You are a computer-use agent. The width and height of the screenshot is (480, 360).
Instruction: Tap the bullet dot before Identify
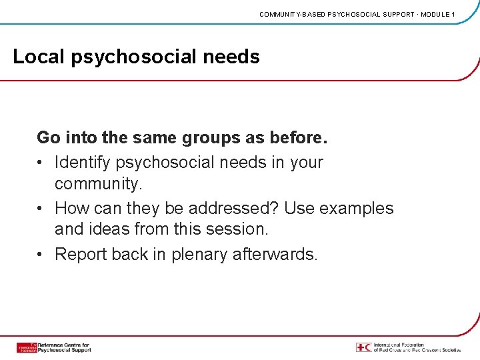(x=41, y=163)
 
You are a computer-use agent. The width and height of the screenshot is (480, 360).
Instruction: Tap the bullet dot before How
(x=41, y=209)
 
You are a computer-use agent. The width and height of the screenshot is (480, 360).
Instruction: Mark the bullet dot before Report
(x=41, y=255)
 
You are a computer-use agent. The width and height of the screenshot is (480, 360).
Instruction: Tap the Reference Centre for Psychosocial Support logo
(x=53, y=347)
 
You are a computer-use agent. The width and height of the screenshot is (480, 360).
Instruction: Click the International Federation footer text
(x=417, y=347)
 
